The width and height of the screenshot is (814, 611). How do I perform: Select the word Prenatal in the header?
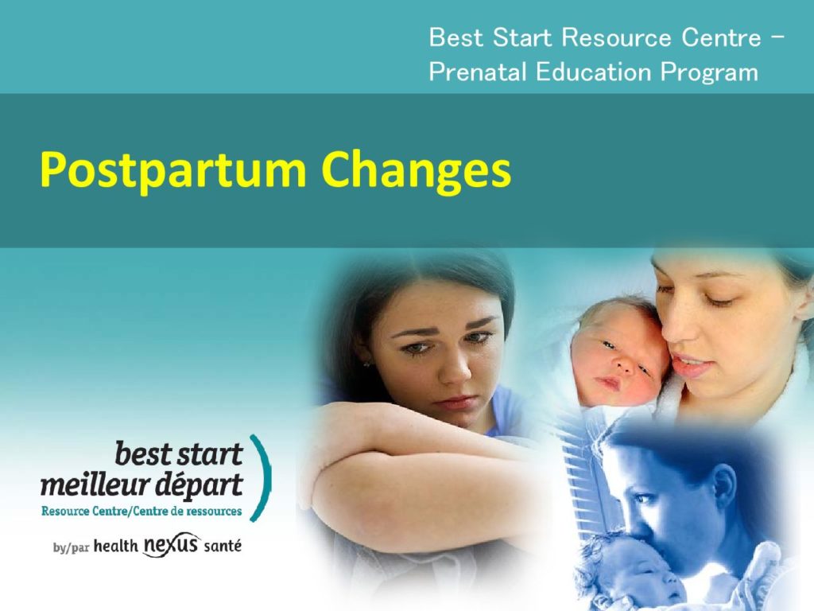pyautogui.click(x=478, y=72)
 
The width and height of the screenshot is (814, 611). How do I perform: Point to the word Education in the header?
pyautogui.click(x=593, y=72)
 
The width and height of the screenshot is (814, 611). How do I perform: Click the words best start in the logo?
pyautogui.click(x=179, y=454)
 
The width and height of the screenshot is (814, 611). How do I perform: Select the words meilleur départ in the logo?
pyautogui.click(x=141, y=485)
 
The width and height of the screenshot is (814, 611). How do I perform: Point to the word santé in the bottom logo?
pyautogui.click(x=223, y=546)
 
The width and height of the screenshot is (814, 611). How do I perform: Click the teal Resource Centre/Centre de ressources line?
pyautogui.click(x=141, y=512)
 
